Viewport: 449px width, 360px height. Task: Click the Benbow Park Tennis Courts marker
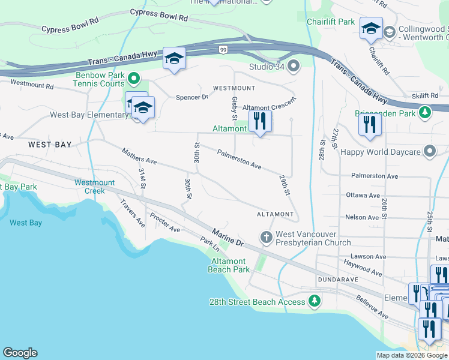point(134,79)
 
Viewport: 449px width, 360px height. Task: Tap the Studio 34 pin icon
point(294,65)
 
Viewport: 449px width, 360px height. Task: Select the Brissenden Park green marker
point(425,112)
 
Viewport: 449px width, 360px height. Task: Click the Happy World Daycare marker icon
point(430,151)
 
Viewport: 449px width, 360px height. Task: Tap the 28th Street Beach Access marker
point(313,301)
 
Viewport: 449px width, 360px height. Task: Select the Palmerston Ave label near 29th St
point(239,159)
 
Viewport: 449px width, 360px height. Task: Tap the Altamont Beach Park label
point(228,265)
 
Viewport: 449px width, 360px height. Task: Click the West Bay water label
point(26,223)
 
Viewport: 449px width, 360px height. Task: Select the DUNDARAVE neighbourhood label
point(338,280)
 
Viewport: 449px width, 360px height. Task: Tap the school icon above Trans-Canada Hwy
point(174,59)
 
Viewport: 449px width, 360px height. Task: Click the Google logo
point(20,353)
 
